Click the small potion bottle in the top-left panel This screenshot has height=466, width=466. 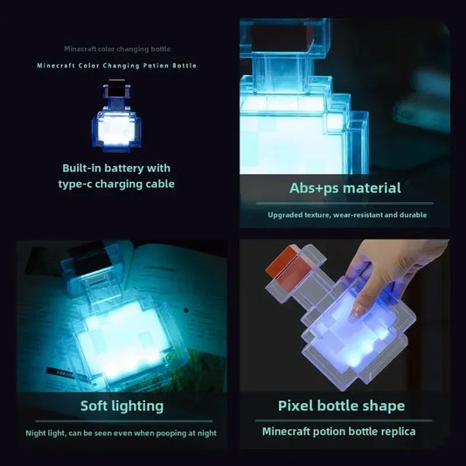click(x=117, y=119)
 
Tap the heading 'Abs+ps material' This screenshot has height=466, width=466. click(x=345, y=187)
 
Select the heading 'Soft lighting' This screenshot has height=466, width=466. click(x=122, y=406)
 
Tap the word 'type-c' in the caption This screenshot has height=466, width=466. click(x=80, y=184)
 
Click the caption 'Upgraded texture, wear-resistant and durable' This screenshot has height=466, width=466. click(x=346, y=214)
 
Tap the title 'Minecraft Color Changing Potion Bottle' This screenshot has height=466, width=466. click(x=117, y=66)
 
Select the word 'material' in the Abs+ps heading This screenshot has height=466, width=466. click(x=372, y=187)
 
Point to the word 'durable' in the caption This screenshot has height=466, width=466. click(x=412, y=214)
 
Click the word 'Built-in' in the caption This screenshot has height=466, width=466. click(x=84, y=168)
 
